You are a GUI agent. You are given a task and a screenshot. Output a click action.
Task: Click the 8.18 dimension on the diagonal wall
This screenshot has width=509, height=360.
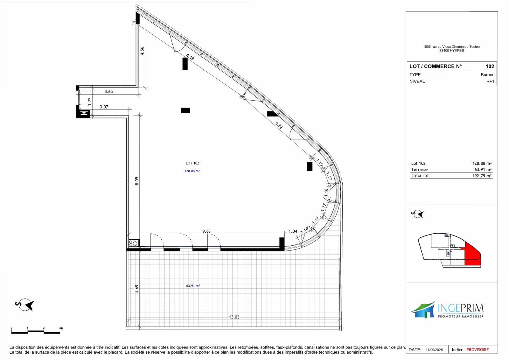point(190,57)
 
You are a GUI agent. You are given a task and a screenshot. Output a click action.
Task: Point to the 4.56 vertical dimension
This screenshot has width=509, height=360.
point(142,51)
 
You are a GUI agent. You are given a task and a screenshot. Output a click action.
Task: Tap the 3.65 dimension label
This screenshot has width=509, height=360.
point(108,91)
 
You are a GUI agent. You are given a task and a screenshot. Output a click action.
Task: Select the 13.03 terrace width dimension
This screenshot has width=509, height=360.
point(234,317)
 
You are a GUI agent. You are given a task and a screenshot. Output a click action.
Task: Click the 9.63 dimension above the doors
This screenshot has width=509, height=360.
point(206,231)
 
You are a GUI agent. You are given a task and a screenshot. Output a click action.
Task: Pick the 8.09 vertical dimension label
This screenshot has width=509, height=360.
point(137,181)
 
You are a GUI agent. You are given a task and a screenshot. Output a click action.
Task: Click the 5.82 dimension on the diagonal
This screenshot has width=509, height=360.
point(279,125)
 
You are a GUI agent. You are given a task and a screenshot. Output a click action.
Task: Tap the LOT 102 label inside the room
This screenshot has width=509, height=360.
point(192,163)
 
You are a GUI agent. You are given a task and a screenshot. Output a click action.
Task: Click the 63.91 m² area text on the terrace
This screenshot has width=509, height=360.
point(193,286)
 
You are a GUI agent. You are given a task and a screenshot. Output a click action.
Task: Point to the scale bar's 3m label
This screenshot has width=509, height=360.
point(61,328)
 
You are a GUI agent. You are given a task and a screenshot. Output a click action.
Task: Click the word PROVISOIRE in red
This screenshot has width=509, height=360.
point(478,350)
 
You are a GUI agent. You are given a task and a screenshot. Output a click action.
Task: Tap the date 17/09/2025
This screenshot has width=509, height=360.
point(434,350)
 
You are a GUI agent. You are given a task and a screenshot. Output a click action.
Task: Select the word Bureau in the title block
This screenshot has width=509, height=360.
point(487,74)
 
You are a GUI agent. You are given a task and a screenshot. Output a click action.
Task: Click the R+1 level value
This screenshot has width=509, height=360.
point(490,81)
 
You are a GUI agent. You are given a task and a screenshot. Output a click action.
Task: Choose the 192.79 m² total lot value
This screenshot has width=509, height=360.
point(482,176)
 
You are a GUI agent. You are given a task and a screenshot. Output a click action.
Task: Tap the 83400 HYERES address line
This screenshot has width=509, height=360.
point(451,51)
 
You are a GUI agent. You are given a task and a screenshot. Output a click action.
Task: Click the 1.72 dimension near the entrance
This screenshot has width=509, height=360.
point(90,102)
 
